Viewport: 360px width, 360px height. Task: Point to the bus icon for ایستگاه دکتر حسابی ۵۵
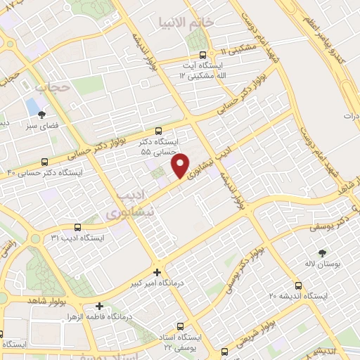tap(158, 130)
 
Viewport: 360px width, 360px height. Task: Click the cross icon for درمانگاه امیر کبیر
tap(157, 272)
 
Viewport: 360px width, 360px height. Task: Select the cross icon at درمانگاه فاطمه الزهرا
tap(99, 306)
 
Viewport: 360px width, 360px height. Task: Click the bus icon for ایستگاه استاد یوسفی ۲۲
tap(181, 326)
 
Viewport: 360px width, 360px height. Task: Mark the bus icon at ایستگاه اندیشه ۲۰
tap(299, 285)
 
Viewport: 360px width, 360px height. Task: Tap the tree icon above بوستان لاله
tap(323, 252)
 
